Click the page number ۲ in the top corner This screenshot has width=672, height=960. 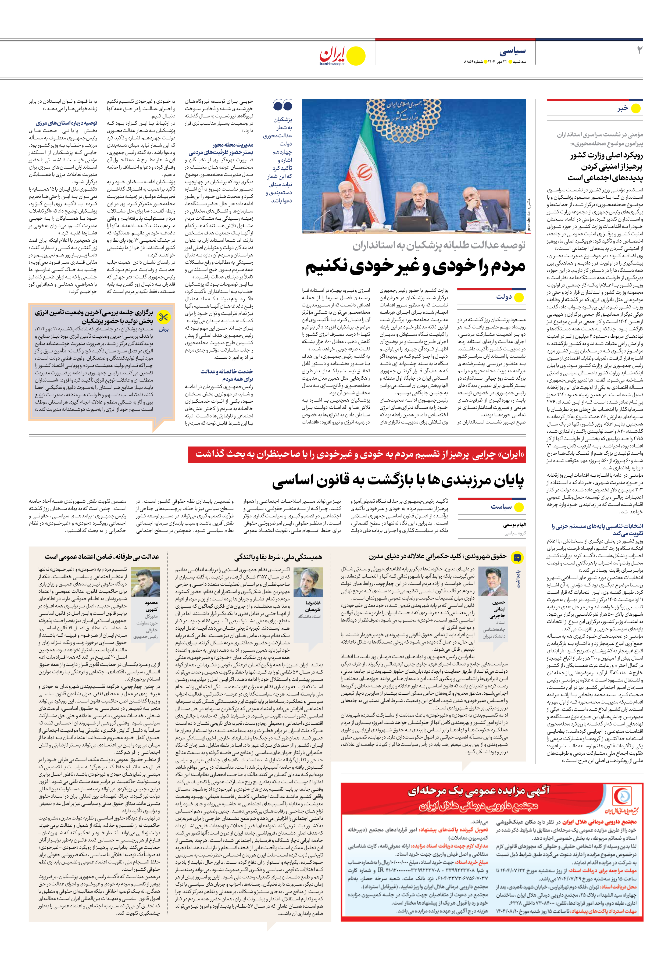click(639, 51)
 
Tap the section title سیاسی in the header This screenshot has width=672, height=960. click(512, 51)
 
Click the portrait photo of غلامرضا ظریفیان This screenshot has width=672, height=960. click(308, 583)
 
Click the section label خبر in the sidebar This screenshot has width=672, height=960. click(623, 108)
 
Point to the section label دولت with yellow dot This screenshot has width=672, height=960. click(504, 297)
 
